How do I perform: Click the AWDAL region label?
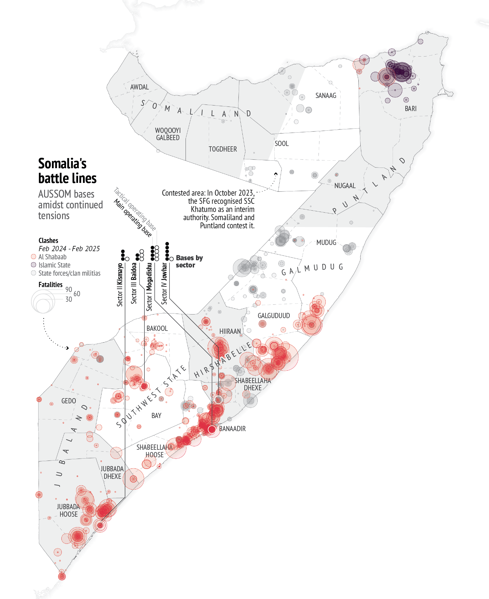[139, 87]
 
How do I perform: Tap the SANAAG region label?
[326, 96]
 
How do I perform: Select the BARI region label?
[411, 109]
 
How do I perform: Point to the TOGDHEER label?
[223, 149]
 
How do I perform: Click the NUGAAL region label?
[345, 186]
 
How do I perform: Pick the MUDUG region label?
[326, 243]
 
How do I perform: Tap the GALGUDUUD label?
[274, 316]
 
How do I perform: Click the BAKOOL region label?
[157, 329]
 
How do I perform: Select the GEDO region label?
[69, 401]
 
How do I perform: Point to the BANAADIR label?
[232, 429]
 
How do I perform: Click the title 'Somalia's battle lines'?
[67, 171]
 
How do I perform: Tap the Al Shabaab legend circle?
[33, 257]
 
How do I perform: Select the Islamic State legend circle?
[33, 265]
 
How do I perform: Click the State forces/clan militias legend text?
[69, 273]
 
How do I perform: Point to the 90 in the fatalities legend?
[69, 289]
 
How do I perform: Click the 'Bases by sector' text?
[189, 262]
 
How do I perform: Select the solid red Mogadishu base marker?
[212, 429]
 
